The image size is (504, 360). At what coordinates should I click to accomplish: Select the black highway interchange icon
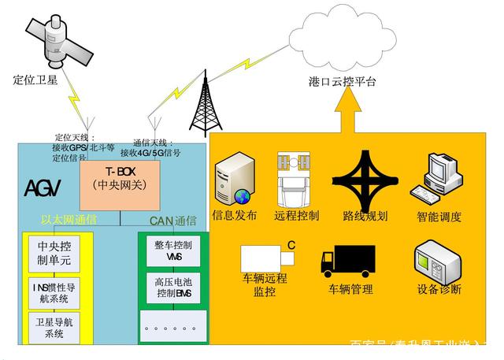(x=365, y=178)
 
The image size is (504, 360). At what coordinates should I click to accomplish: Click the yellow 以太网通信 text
(x=69, y=220)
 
